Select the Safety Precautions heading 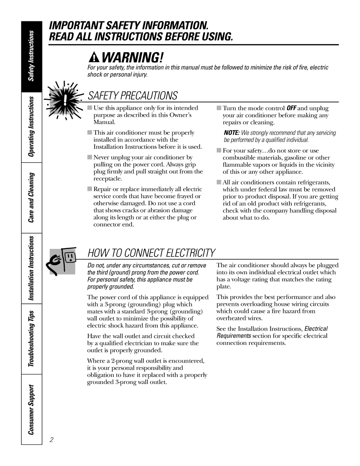(x=132, y=95)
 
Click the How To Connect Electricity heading (x=151, y=253)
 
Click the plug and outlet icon (x=66, y=261)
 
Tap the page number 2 (x=52, y=440)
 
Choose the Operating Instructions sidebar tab (x=31, y=127)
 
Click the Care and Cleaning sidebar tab (x=31, y=198)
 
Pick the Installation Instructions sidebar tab (x=31, y=268)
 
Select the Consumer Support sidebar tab (x=31, y=409)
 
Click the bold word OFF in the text (x=291, y=108)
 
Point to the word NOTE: (x=230, y=133)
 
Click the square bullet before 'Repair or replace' (x=90, y=189)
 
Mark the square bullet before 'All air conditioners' (x=219, y=182)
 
